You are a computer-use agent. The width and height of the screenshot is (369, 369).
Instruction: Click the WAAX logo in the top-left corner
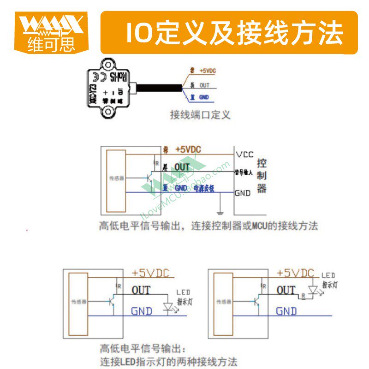tap(51, 32)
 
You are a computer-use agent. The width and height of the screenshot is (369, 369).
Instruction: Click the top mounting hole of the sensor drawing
tap(107, 63)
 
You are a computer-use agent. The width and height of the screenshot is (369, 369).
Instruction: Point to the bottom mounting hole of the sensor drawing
tap(109, 111)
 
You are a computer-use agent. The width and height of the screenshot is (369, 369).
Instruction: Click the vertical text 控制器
tap(262, 176)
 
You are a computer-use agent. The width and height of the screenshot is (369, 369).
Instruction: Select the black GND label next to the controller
tap(243, 193)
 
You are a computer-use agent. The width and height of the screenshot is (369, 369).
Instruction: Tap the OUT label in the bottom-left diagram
tap(141, 290)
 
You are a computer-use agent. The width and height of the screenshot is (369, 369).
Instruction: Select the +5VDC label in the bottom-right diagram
tap(295, 273)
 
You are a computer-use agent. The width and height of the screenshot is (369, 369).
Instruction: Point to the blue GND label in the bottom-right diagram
tap(286, 311)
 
